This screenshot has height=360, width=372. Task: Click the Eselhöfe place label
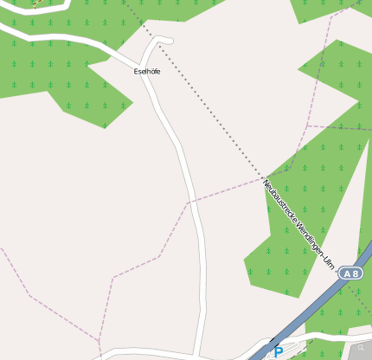click(x=147, y=71)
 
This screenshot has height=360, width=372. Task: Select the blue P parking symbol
click(x=278, y=352)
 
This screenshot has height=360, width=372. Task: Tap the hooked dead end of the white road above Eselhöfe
click(x=169, y=41)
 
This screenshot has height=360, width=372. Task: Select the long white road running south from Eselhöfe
click(x=192, y=199)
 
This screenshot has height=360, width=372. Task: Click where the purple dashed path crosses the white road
click(x=188, y=203)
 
